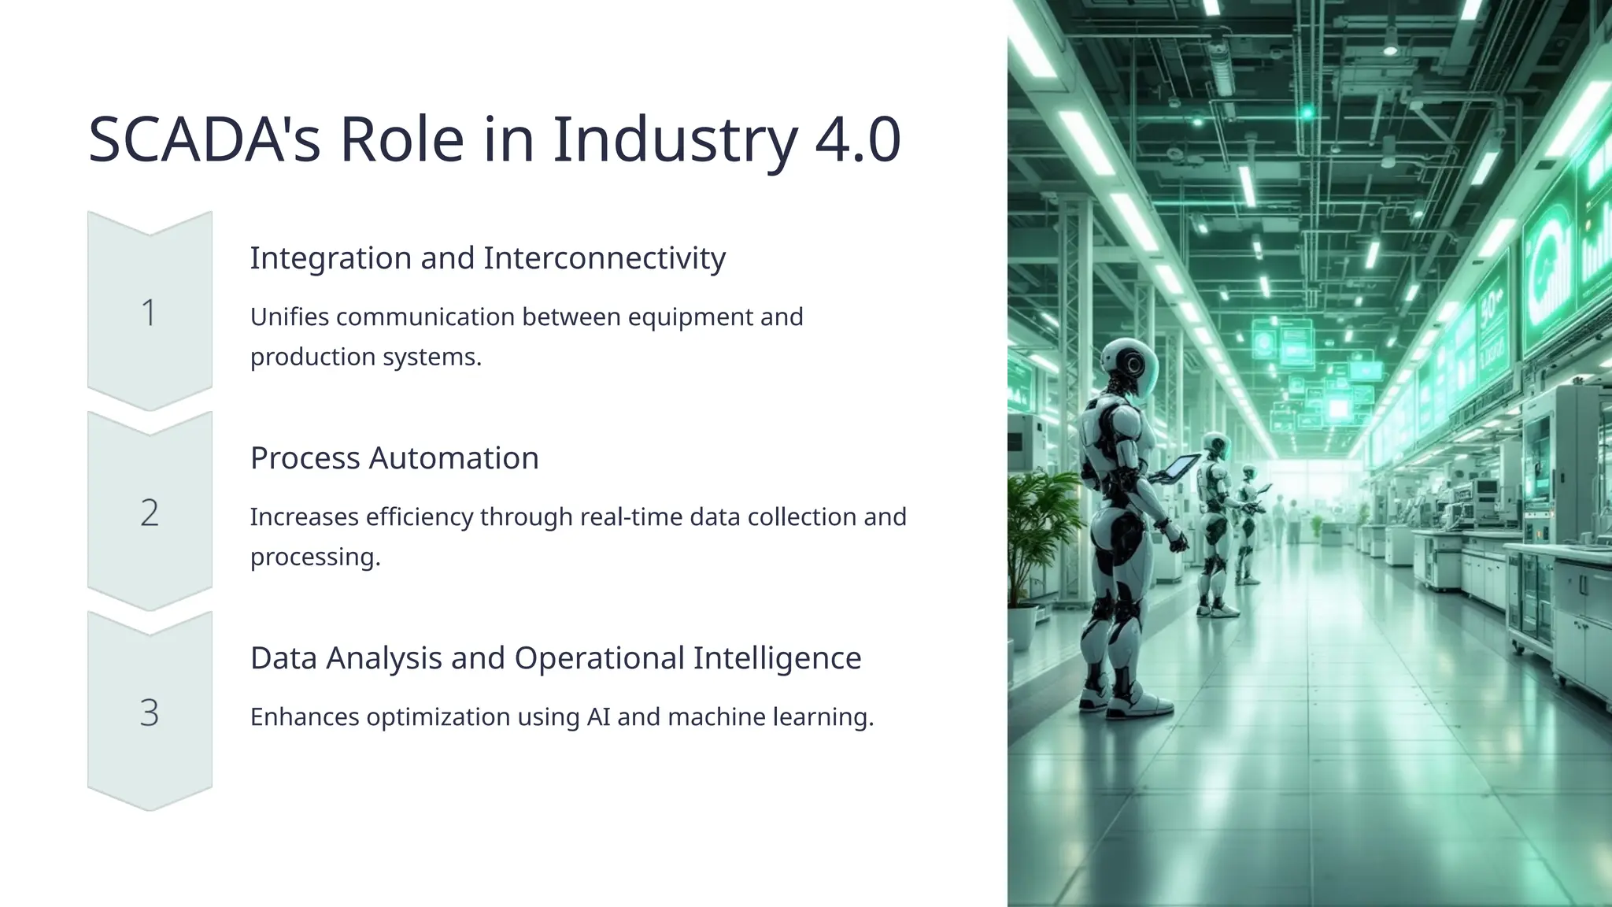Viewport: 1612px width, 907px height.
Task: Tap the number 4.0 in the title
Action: pyautogui.click(x=857, y=140)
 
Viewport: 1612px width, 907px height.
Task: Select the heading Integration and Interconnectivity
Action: pyautogui.click(x=487, y=258)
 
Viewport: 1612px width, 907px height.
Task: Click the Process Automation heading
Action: pyautogui.click(x=394, y=458)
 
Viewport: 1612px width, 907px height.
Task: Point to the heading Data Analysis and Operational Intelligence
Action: pyautogui.click(x=556, y=658)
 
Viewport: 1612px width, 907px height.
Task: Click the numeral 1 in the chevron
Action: pyautogui.click(x=149, y=313)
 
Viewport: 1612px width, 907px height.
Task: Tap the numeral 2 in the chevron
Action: pyautogui.click(x=149, y=513)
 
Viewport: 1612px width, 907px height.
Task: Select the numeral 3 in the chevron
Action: pyautogui.click(x=149, y=713)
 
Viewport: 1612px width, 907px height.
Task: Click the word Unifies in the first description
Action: pyautogui.click(x=289, y=317)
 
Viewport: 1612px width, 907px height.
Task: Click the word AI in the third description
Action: pyautogui.click(x=598, y=717)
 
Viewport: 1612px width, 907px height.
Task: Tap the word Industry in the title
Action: pyautogui.click(x=675, y=140)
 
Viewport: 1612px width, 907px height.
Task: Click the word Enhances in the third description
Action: pyautogui.click(x=305, y=717)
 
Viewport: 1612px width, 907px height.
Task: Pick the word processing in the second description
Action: pyautogui.click(x=315, y=557)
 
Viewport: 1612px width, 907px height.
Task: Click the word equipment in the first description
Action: pyautogui.click(x=690, y=317)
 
